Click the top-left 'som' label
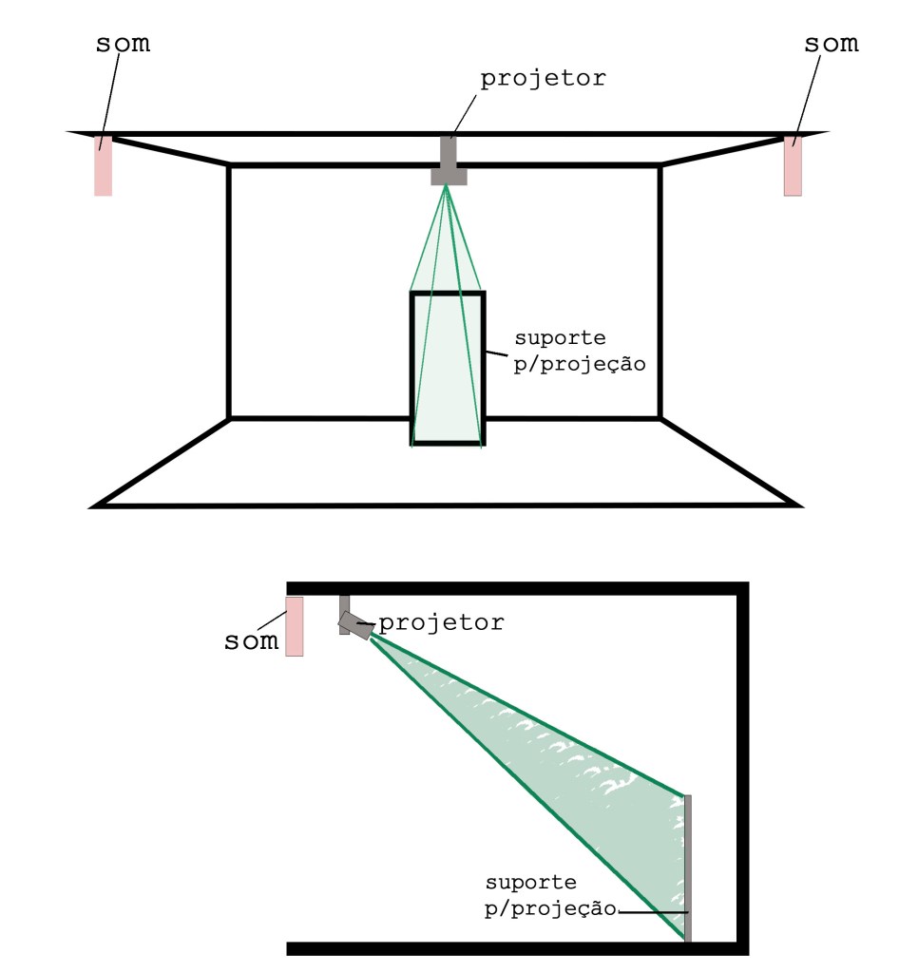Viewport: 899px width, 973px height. coord(124,45)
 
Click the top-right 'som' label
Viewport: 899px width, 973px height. coord(832,44)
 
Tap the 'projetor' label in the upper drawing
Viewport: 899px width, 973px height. coord(542,79)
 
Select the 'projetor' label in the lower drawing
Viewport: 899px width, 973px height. coord(442,623)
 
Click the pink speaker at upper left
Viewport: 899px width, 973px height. coord(103,167)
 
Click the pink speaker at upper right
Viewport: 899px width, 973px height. coord(793,167)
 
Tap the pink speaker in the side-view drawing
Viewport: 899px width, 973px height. coord(294,626)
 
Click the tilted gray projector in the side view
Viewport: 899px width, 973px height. coord(357,624)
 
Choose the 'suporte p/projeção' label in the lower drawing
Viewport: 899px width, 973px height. coord(545,896)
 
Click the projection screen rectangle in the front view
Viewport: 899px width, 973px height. coord(447,371)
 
